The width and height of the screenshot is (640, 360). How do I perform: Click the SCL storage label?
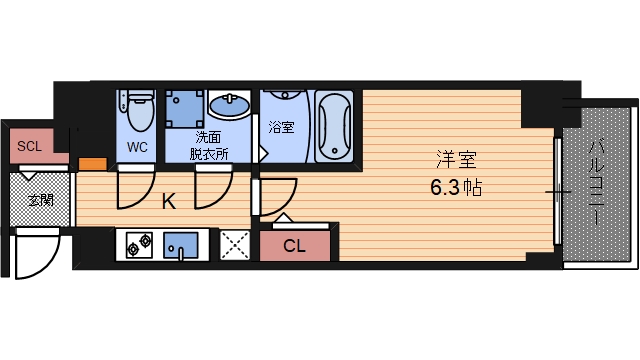click(x=30, y=146)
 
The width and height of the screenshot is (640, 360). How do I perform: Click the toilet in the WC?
click(x=137, y=110)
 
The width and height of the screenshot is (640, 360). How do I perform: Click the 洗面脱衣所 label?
click(x=210, y=146)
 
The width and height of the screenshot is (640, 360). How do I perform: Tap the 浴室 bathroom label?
click(x=282, y=127)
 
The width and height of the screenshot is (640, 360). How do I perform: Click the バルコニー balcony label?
click(x=594, y=181)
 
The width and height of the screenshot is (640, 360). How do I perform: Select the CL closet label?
click(x=294, y=244)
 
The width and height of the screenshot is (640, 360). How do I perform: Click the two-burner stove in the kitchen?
click(x=136, y=243)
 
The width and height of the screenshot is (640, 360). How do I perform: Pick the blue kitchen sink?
click(x=180, y=243)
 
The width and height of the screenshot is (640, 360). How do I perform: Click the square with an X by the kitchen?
click(x=234, y=244)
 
